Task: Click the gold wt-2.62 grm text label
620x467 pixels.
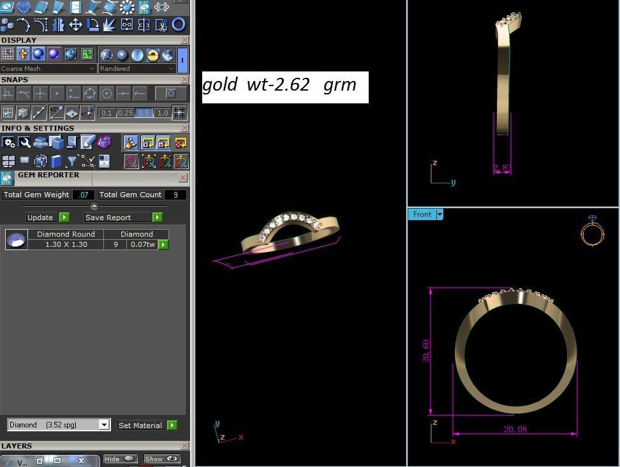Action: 284,85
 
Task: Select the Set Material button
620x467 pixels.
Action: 146,426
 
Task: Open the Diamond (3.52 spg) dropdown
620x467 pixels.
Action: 59,425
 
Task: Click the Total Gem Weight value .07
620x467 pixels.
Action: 84,195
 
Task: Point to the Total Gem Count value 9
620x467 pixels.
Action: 175,195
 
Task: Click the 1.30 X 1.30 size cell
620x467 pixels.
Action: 66,244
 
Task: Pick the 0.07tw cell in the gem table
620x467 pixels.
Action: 142,244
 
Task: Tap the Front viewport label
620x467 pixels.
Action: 422,214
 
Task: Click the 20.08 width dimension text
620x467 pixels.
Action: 515,429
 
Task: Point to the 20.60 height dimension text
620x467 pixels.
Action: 426,351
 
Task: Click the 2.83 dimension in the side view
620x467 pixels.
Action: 502,168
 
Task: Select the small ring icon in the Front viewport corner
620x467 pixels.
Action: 592,231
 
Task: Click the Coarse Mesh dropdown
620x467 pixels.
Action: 48,69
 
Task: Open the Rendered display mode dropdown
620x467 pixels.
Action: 137,69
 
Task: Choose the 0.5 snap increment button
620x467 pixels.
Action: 144,113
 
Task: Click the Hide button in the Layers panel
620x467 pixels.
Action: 119,459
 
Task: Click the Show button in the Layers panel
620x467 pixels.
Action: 161,459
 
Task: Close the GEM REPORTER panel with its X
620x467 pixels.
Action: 183,177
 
